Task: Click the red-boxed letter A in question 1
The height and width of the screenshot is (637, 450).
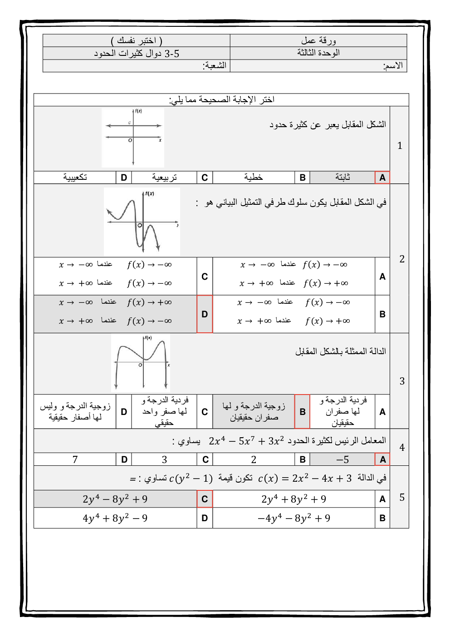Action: (x=382, y=178)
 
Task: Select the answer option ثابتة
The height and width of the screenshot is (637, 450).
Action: (x=342, y=177)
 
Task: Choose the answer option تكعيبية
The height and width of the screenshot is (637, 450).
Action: (x=75, y=177)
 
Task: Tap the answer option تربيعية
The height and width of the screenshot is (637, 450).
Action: (x=164, y=177)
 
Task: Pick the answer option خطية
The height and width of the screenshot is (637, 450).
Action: (x=254, y=177)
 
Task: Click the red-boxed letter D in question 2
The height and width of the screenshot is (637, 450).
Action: (x=205, y=314)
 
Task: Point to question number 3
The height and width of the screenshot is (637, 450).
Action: (x=401, y=381)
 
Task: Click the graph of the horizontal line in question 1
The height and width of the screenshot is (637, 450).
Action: (x=133, y=138)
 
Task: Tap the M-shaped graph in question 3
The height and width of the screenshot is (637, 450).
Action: (x=141, y=363)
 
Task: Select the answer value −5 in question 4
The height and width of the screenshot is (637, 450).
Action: (x=342, y=459)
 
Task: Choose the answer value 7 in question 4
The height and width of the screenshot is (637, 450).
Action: (x=75, y=459)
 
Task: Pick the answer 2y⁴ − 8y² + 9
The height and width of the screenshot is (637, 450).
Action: (x=115, y=499)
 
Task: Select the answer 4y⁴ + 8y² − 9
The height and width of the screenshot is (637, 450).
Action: (x=115, y=518)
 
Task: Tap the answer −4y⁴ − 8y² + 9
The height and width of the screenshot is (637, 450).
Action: (x=294, y=518)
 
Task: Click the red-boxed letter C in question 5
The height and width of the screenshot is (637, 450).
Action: (x=205, y=499)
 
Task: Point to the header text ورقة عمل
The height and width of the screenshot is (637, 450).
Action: (x=318, y=40)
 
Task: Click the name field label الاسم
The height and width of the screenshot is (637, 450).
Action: (x=393, y=66)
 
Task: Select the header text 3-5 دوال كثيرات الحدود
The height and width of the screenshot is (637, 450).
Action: (x=137, y=54)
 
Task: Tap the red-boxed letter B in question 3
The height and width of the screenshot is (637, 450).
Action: (x=302, y=411)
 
